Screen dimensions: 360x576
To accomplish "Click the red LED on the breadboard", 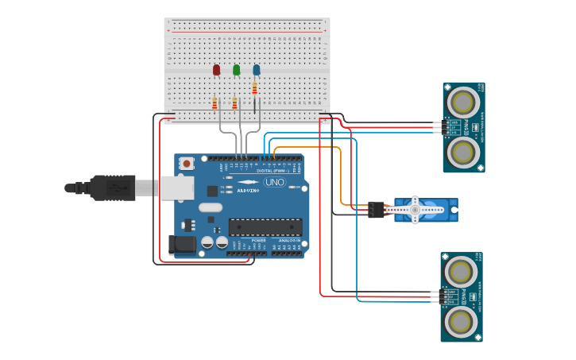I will (x=216, y=70).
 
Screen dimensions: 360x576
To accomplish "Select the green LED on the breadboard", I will (x=236, y=70).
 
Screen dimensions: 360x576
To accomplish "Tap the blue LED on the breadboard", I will (x=256, y=70).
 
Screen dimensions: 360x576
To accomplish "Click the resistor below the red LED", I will (x=215, y=103).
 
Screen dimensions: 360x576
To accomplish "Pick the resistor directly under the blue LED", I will (x=254, y=88).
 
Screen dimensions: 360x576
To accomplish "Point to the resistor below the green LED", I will (x=234, y=103).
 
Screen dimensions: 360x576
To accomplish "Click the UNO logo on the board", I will (x=274, y=182).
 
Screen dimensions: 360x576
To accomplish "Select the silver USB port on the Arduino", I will (x=176, y=188).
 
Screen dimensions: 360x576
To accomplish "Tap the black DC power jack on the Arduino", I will (x=182, y=244).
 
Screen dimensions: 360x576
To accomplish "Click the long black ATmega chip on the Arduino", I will (x=265, y=226).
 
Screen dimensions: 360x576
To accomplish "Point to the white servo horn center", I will (x=414, y=210).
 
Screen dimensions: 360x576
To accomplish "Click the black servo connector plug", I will (x=375, y=210).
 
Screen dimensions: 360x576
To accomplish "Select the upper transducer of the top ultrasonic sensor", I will (x=462, y=102).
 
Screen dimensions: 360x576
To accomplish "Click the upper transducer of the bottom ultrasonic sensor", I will (x=461, y=272).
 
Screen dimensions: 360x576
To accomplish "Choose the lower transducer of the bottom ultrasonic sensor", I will (x=461, y=321).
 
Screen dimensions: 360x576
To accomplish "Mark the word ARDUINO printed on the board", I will (x=248, y=191).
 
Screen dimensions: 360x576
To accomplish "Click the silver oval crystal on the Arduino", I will (x=211, y=207).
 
